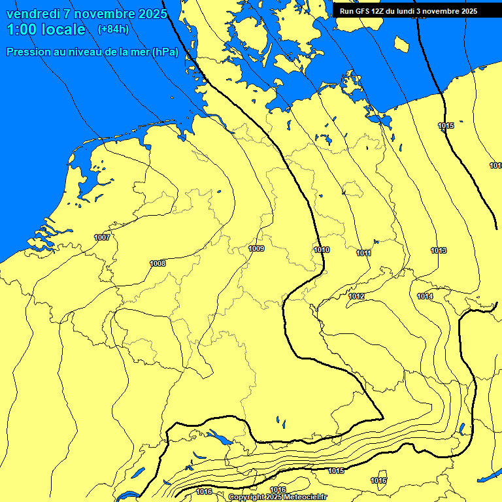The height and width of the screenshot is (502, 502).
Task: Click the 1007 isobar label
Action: point(102,237)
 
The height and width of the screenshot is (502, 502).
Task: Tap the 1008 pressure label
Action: point(158,263)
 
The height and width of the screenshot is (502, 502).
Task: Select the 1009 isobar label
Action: point(256,248)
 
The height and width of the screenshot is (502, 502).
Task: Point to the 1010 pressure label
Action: point(322,250)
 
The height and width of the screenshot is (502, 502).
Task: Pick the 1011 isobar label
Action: point(364,253)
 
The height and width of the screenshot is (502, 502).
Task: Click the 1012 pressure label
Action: point(356,297)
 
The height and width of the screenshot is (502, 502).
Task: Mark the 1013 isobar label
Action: point(439,250)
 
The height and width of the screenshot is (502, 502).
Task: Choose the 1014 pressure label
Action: point(425,296)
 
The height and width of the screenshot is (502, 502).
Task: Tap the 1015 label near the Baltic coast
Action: point(446,125)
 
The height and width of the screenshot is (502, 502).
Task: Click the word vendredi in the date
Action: point(33,14)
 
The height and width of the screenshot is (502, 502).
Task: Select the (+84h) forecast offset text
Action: point(113,29)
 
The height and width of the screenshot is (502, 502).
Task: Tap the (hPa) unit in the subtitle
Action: point(165,52)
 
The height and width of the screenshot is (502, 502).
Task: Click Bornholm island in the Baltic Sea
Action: point(401,44)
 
